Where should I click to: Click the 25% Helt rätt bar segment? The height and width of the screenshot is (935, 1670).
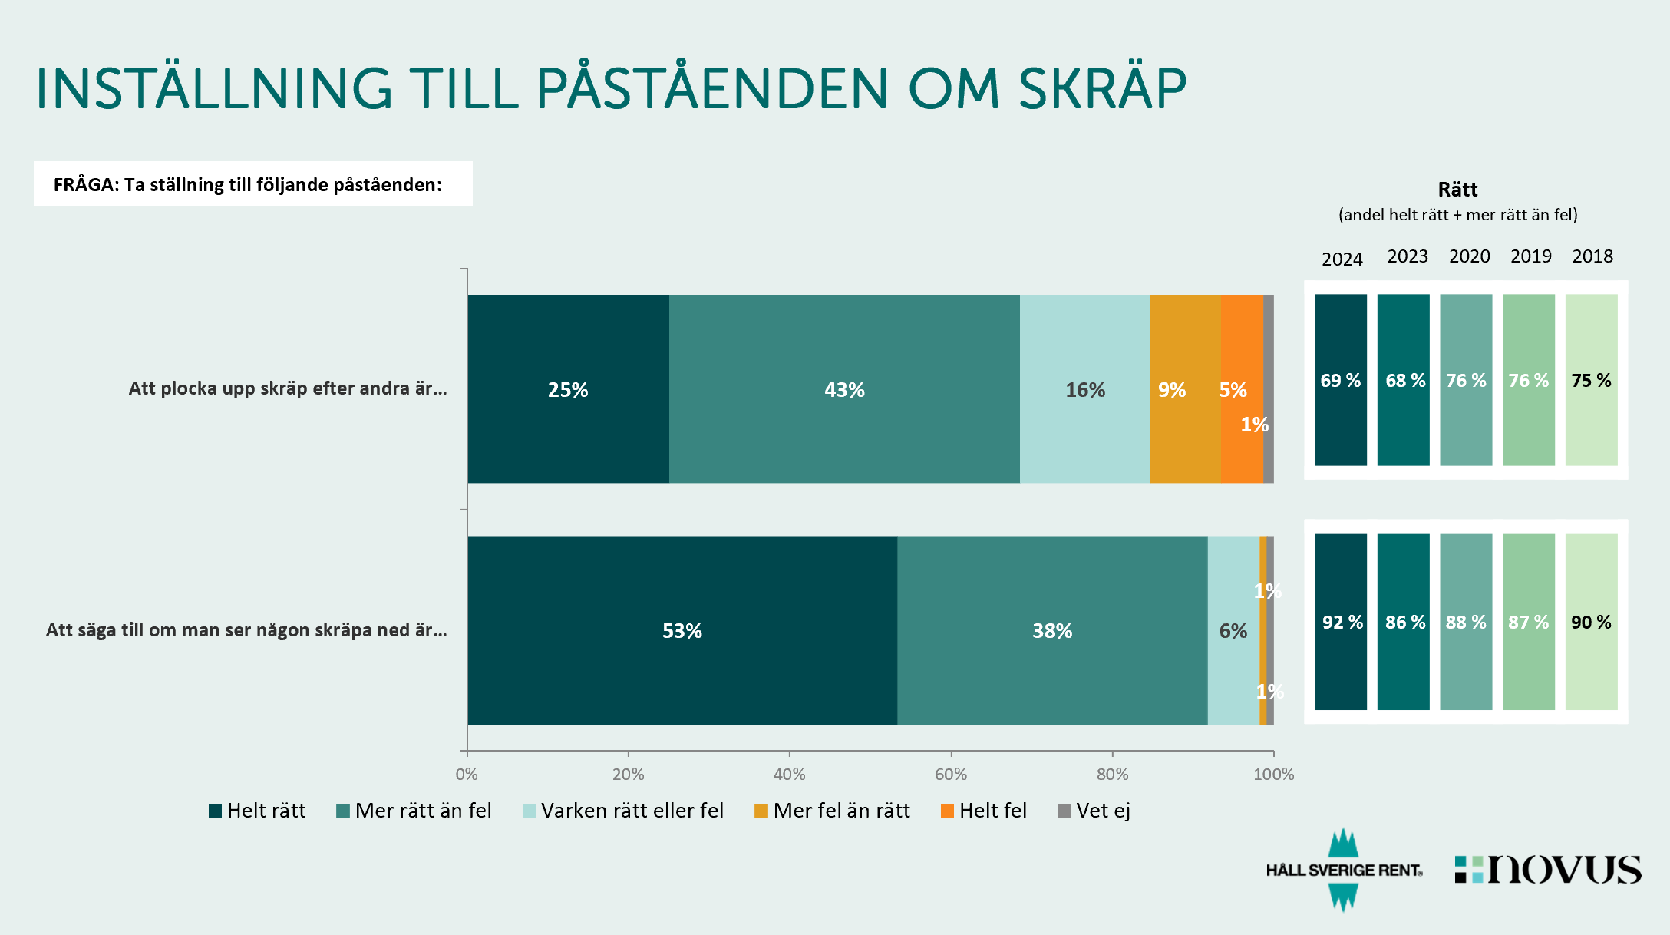tap(568, 388)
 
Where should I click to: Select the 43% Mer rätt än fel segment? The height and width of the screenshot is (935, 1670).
tap(844, 388)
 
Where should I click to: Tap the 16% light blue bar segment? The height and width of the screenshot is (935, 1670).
tap(1085, 388)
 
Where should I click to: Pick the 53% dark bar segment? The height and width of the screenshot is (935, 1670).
tap(682, 630)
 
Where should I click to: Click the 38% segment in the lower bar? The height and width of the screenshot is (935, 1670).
tap(1052, 630)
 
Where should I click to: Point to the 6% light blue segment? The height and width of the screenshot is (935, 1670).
tap(1233, 630)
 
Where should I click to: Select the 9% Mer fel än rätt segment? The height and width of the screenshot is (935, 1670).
tap(1185, 388)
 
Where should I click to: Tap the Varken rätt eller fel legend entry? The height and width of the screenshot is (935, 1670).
tap(623, 811)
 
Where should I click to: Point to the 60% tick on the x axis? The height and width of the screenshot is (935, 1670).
tap(951, 774)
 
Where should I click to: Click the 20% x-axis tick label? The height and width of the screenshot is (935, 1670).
tap(628, 774)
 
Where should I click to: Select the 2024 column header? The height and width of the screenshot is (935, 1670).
tap(1342, 259)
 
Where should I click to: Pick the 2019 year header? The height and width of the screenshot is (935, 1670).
tap(1530, 256)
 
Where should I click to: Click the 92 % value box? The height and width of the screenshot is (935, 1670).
tap(1341, 622)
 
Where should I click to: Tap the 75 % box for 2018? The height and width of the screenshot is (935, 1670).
tap(1591, 380)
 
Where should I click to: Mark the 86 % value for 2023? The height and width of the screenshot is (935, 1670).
tap(1404, 622)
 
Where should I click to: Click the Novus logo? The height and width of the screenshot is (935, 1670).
tap(1548, 870)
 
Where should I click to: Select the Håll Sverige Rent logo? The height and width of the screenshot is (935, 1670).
tap(1344, 870)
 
